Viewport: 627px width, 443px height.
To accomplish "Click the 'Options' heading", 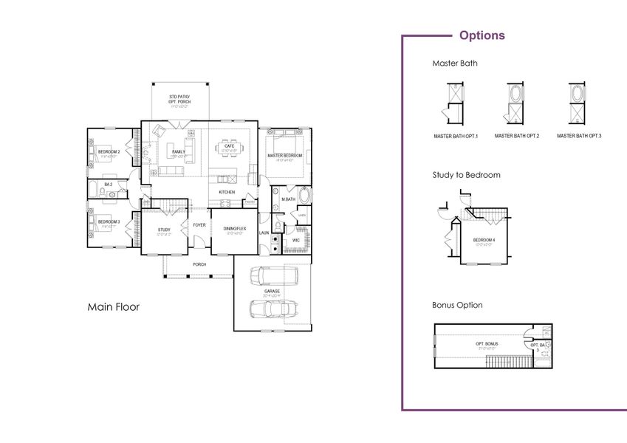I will (482, 35).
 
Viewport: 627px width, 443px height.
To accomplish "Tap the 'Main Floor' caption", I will (113, 306).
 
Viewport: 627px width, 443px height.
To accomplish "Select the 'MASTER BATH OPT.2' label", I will (517, 136).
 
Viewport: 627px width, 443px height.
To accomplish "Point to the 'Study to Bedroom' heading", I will (466, 176).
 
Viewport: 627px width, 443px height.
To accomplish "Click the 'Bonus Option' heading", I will (457, 305).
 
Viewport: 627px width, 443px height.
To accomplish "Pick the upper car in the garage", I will (274, 277).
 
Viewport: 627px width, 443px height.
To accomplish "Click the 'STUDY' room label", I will (164, 230).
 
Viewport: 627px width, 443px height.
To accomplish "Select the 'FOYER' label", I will (199, 225).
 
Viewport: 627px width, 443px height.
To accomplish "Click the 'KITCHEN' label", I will (227, 193).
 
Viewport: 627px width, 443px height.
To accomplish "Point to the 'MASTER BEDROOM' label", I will (284, 156).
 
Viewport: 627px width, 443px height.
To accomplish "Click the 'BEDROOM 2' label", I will (109, 152).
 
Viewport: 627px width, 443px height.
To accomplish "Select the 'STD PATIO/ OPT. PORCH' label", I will (179, 98).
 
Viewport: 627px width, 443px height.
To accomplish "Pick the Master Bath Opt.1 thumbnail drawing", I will (454, 101).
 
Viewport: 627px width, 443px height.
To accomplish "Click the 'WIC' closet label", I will (295, 240).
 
